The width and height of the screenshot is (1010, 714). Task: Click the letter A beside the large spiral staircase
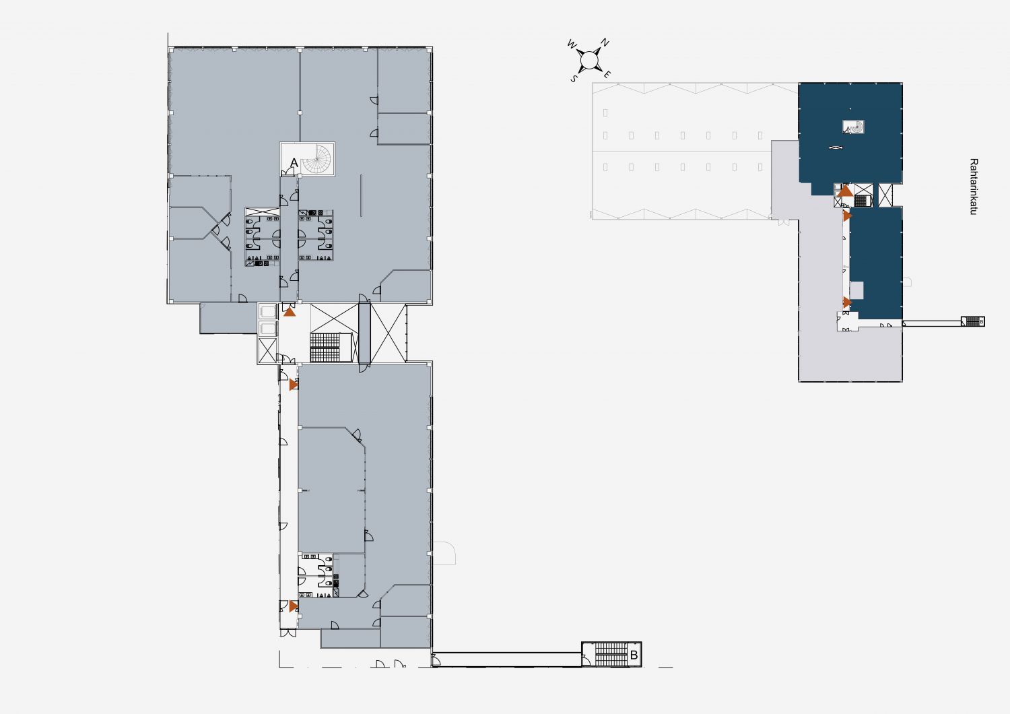(294, 162)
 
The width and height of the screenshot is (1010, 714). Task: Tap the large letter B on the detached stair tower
(634, 655)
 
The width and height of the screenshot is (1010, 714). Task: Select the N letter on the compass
(605, 43)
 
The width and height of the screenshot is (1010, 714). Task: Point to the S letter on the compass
(574, 79)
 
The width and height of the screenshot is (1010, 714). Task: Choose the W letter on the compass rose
(572, 44)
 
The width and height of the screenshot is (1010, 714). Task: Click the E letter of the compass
(607, 74)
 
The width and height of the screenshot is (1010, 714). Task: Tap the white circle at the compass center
(589, 60)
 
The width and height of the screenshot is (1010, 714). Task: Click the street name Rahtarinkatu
(974, 187)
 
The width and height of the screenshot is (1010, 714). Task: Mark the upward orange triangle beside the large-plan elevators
(290, 311)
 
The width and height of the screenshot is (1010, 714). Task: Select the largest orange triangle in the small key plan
(846, 191)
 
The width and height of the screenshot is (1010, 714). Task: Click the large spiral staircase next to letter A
(316, 159)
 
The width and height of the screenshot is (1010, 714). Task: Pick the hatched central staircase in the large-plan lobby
(331, 348)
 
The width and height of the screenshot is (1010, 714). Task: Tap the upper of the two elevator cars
(268, 312)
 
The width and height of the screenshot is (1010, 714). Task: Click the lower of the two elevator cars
(268, 328)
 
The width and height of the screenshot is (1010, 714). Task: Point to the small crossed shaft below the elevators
(267, 350)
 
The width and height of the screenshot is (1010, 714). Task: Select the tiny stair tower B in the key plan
(972, 321)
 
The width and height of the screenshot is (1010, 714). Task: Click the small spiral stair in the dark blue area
(854, 127)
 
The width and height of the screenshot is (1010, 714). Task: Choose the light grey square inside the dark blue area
(856, 290)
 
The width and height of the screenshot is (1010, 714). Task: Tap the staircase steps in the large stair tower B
(611, 655)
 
